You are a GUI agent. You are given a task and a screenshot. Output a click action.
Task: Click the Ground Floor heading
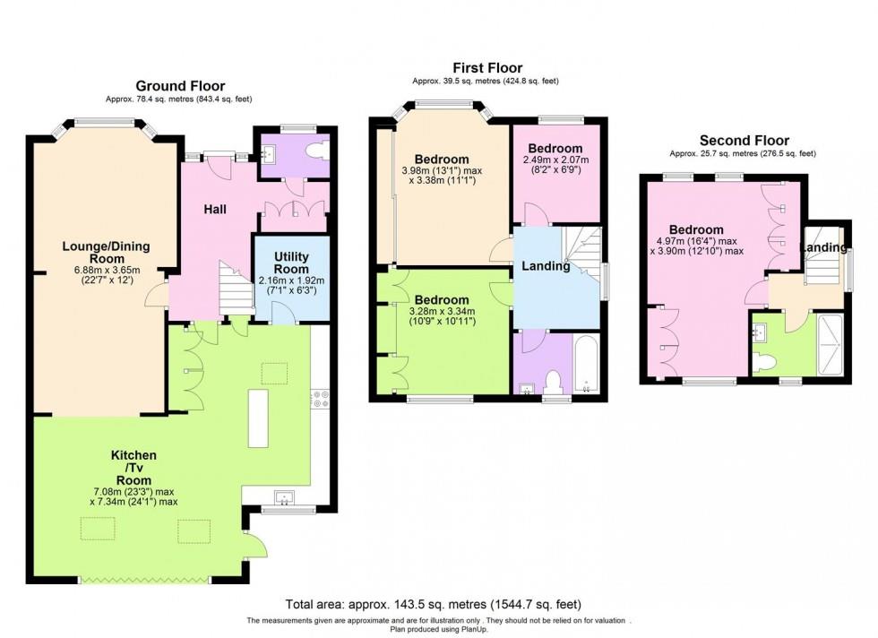click(x=180, y=86)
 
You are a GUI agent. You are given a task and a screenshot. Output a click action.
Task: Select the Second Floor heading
click(x=744, y=141)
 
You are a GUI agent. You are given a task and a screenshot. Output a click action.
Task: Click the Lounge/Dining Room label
click(x=106, y=253)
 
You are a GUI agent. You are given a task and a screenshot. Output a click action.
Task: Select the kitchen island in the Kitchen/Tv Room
click(x=260, y=418)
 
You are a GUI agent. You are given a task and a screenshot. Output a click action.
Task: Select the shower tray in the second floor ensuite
click(x=831, y=344)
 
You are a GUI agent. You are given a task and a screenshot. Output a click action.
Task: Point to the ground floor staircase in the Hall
click(x=235, y=289)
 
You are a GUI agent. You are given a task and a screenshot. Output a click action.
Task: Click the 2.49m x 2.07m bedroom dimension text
click(x=555, y=165)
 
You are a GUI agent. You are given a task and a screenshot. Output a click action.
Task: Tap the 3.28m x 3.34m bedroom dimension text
click(x=441, y=315)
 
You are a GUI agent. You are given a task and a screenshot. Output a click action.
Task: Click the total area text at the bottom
click(x=438, y=604)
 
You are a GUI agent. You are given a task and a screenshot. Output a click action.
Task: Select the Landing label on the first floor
click(x=546, y=266)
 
